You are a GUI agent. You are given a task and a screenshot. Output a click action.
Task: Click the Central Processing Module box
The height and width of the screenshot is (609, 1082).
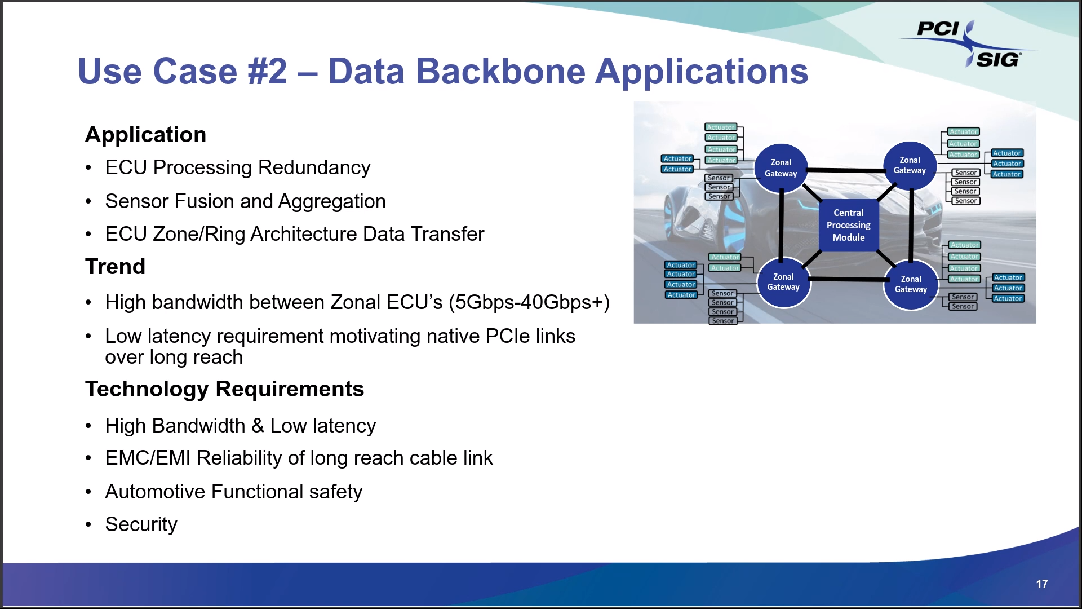(x=848, y=225)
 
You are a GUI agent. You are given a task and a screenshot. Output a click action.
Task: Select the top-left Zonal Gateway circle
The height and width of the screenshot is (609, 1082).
(x=781, y=168)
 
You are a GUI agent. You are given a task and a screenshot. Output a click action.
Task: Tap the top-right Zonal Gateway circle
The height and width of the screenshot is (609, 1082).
(x=910, y=165)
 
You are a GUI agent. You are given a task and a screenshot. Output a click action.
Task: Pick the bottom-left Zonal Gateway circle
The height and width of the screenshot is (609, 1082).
(x=783, y=283)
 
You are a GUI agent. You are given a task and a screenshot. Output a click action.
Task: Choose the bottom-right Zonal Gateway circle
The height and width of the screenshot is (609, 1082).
(x=911, y=284)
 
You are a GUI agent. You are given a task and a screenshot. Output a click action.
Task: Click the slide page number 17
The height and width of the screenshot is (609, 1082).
(x=1041, y=584)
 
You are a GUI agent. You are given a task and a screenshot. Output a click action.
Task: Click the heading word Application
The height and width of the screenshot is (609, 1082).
(x=145, y=135)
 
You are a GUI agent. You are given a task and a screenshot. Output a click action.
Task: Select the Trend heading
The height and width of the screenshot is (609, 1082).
(x=115, y=267)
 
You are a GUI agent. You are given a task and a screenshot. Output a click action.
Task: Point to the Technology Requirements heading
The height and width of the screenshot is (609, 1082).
(x=224, y=389)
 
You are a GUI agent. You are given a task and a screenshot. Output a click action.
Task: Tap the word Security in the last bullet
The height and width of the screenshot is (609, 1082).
(x=141, y=524)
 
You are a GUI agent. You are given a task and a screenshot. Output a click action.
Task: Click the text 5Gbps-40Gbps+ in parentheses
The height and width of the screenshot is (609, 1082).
(x=529, y=303)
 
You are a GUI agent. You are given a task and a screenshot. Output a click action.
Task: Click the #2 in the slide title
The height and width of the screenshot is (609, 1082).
(x=267, y=72)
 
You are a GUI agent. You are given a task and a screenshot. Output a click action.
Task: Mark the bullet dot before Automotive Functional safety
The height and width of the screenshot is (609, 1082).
(x=88, y=492)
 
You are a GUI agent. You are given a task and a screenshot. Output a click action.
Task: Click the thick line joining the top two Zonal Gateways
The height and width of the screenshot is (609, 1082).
(x=845, y=170)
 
